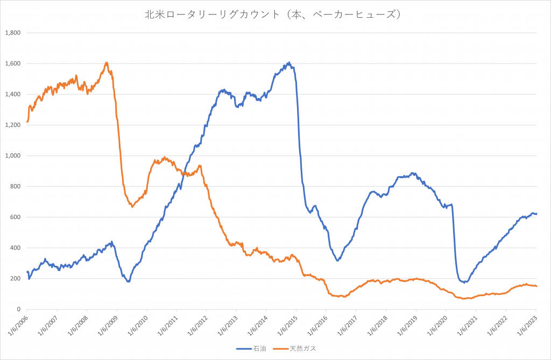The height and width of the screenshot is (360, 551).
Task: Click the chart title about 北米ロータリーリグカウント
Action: (x=275, y=15)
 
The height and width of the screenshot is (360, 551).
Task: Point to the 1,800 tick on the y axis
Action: (x=12, y=33)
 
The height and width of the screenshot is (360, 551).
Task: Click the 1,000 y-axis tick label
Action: (x=12, y=156)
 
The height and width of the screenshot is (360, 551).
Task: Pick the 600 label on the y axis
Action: (x=15, y=217)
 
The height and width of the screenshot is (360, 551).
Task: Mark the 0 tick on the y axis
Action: (x=18, y=309)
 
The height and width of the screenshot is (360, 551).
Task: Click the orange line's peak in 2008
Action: (x=107, y=62)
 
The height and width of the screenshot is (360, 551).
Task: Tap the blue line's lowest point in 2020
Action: (x=464, y=282)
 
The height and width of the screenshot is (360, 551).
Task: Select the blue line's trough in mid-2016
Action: (x=337, y=260)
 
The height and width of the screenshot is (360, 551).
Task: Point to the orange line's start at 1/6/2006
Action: (x=27, y=122)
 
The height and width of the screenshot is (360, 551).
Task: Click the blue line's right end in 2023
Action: (x=536, y=214)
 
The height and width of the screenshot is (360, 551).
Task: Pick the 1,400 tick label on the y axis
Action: (x=12, y=94)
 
